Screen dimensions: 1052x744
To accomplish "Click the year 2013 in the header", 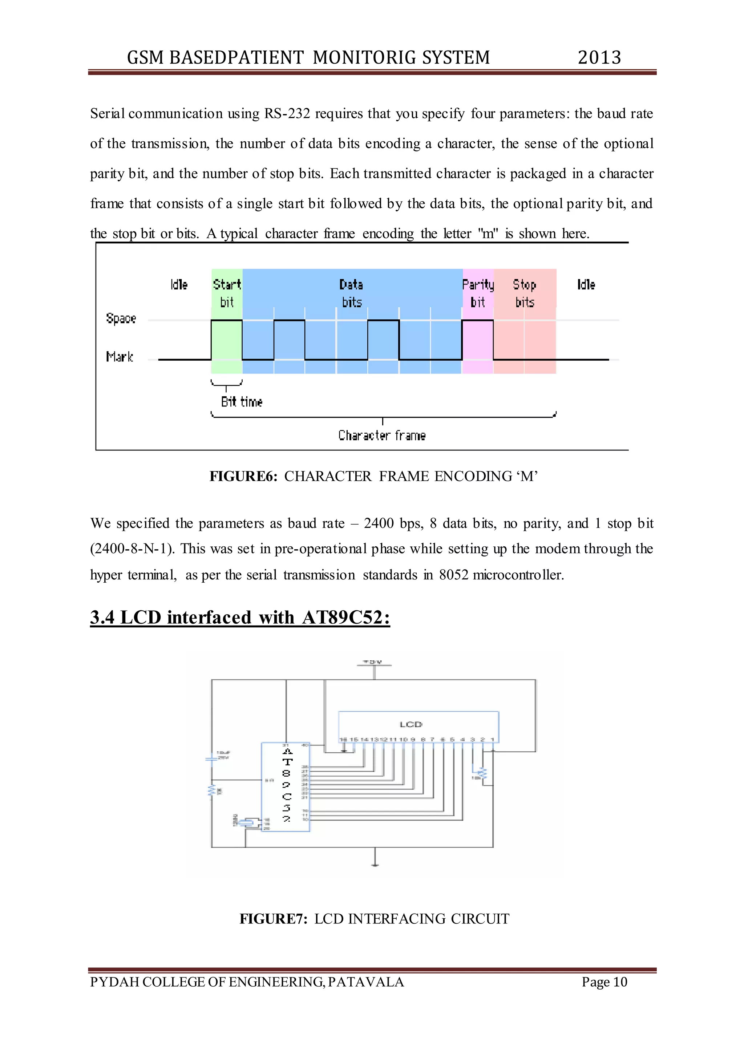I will [599, 58].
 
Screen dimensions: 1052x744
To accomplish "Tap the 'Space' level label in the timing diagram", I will [121, 319].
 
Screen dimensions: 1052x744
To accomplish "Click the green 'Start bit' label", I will [227, 293].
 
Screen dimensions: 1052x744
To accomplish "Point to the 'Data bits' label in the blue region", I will [351, 293].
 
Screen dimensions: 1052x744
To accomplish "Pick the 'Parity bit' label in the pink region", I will [478, 293].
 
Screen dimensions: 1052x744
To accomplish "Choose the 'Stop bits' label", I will [525, 293].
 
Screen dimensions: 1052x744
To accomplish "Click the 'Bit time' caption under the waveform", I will [242, 402].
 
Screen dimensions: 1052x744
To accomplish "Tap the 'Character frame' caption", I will [381, 435].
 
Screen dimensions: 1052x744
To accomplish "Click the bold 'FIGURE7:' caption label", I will [273, 919].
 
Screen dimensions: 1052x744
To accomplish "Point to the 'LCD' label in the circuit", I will [411, 724].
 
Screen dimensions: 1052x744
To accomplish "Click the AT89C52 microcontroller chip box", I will [286, 787].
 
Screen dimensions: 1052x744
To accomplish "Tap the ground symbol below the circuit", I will [375, 864].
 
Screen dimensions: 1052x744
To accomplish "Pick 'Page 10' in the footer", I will [604, 982].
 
